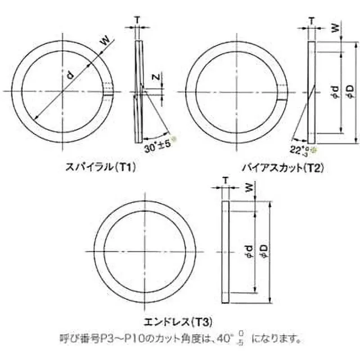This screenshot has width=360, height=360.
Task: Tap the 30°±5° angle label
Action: [157, 147]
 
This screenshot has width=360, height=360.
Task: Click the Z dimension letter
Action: [155, 79]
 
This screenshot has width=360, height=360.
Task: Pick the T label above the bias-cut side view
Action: [310, 20]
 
